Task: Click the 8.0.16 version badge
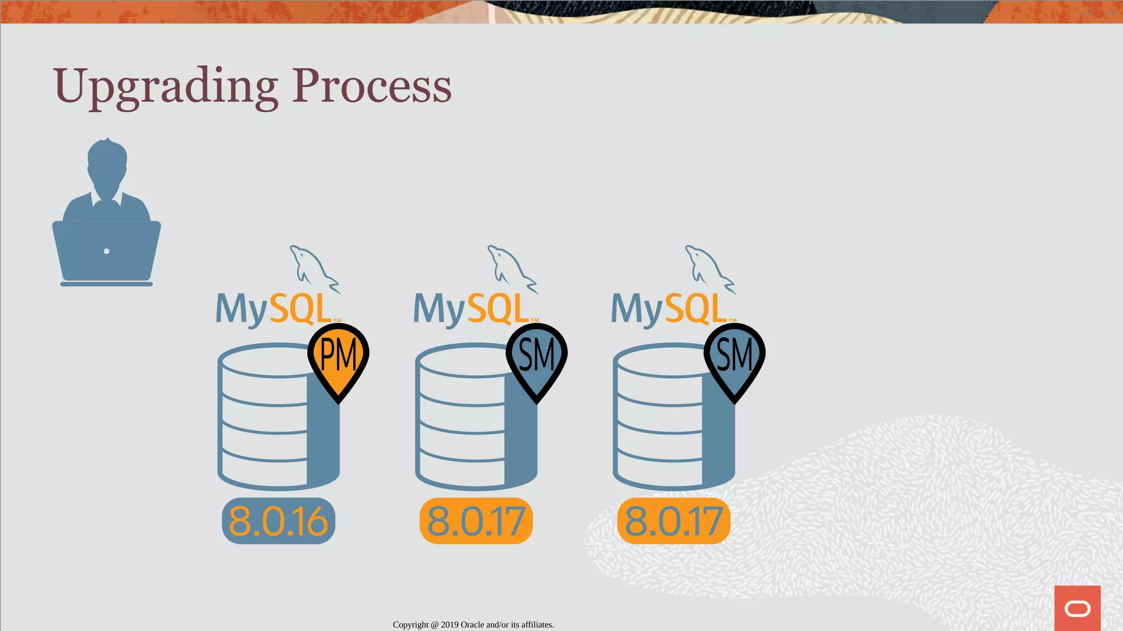click(x=279, y=521)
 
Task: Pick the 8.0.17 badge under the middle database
click(x=476, y=521)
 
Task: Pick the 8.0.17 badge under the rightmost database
click(x=674, y=521)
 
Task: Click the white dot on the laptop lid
click(x=106, y=251)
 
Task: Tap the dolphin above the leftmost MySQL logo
click(x=313, y=268)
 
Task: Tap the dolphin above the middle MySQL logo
click(x=511, y=268)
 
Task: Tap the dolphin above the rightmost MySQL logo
click(x=708, y=268)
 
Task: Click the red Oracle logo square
click(x=1077, y=608)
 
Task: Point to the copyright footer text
click(x=473, y=624)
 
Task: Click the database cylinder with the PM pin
click(x=269, y=427)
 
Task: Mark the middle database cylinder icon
click(x=466, y=427)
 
